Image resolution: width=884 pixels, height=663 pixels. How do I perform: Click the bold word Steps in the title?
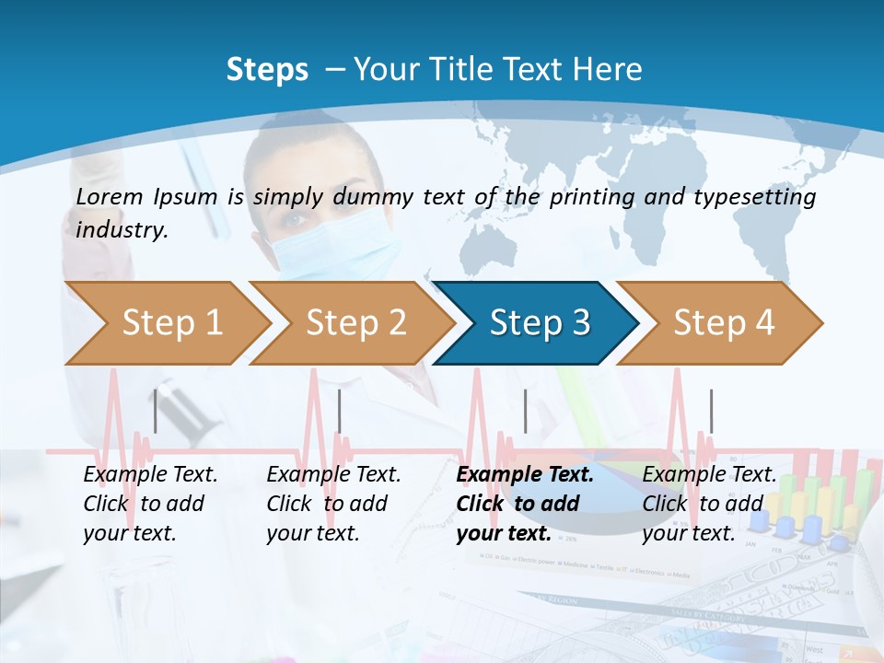(x=267, y=70)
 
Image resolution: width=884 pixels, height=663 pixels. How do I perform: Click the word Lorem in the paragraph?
(x=109, y=197)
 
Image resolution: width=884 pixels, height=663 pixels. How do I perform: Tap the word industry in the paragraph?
(x=121, y=230)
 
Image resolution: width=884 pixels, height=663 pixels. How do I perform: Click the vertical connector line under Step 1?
(x=156, y=411)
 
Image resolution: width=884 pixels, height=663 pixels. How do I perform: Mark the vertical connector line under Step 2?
(x=340, y=411)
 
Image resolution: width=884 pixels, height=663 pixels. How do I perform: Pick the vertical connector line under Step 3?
(x=525, y=411)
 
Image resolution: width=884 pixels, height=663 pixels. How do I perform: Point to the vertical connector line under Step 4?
(x=711, y=411)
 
